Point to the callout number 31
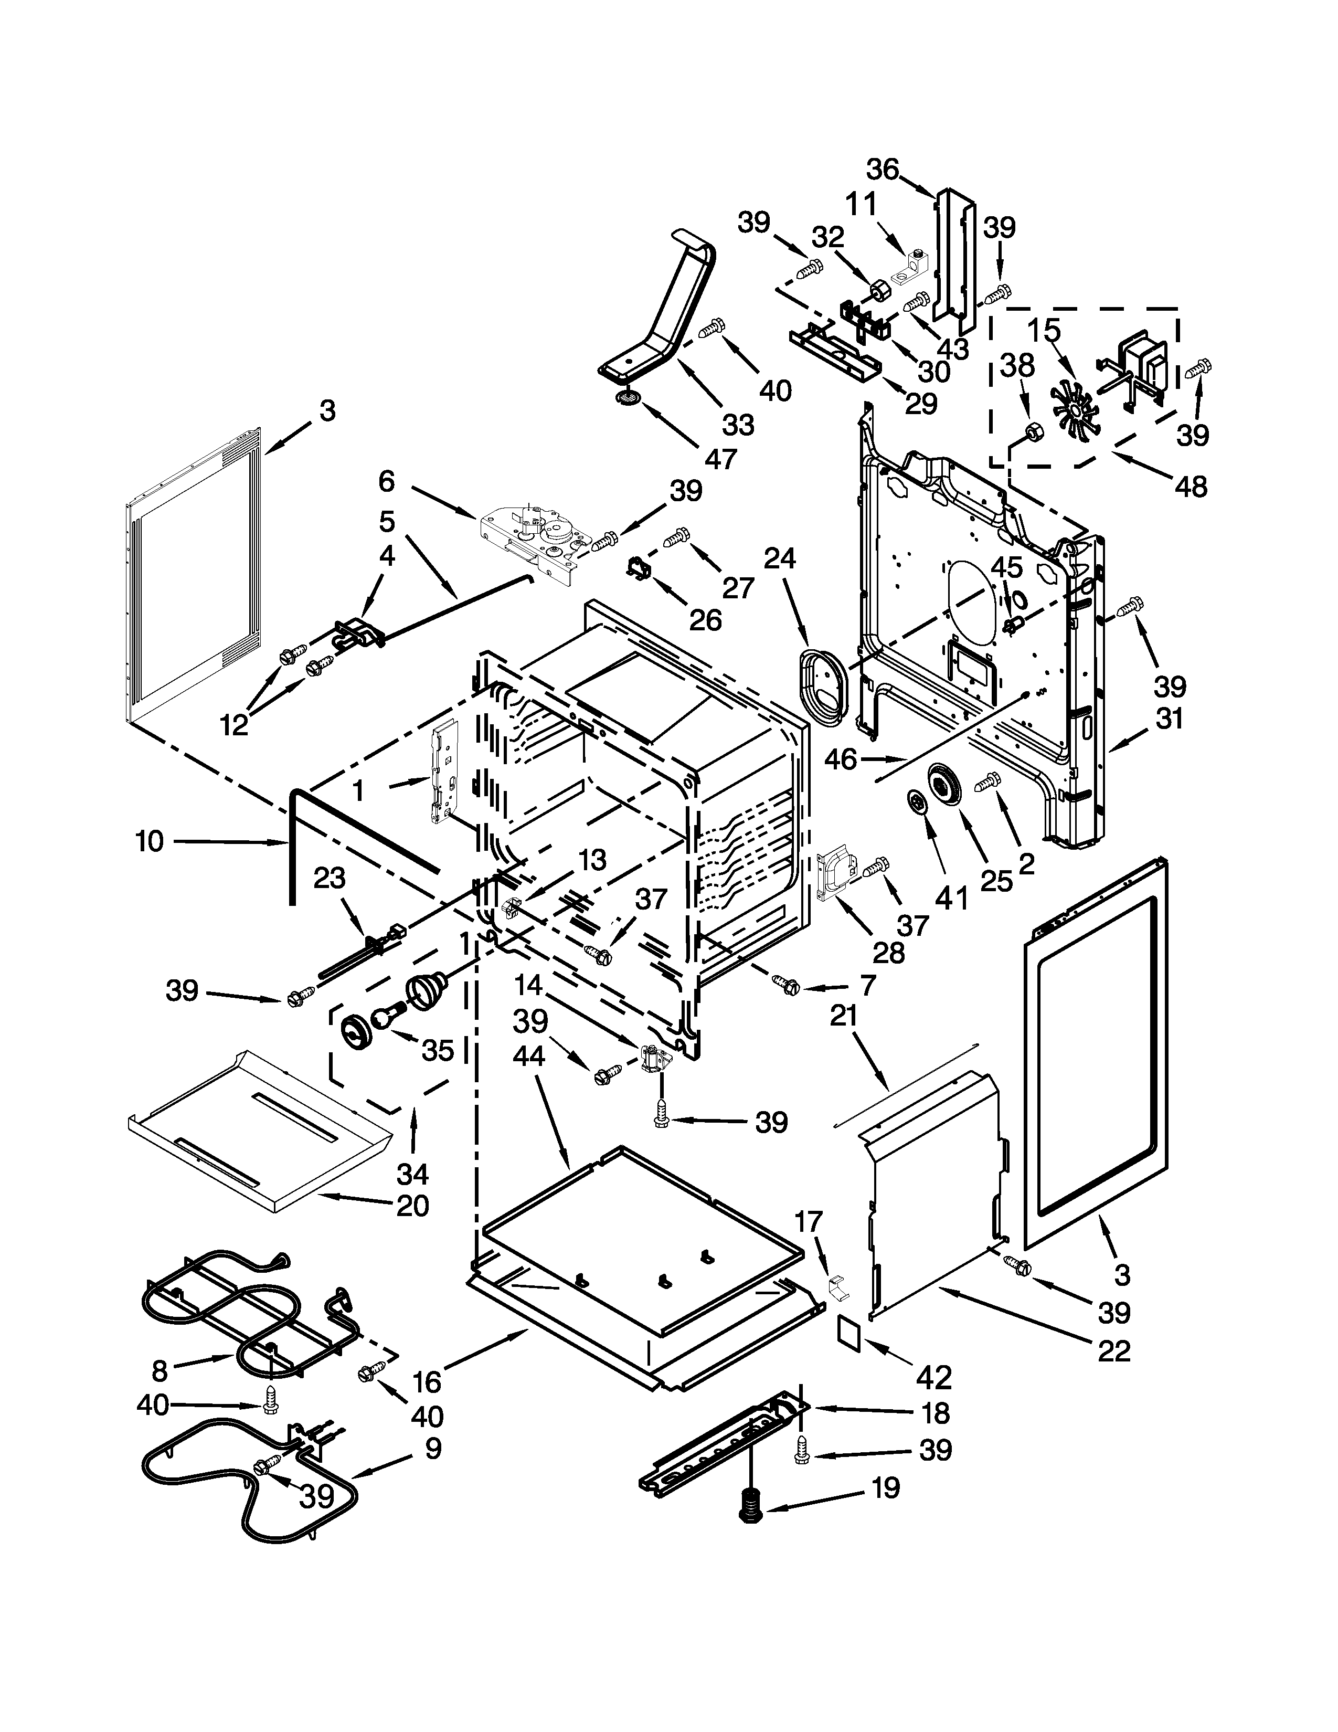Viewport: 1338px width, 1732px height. (x=1169, y=719)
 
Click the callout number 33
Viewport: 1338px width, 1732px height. (x=737, y=425)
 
